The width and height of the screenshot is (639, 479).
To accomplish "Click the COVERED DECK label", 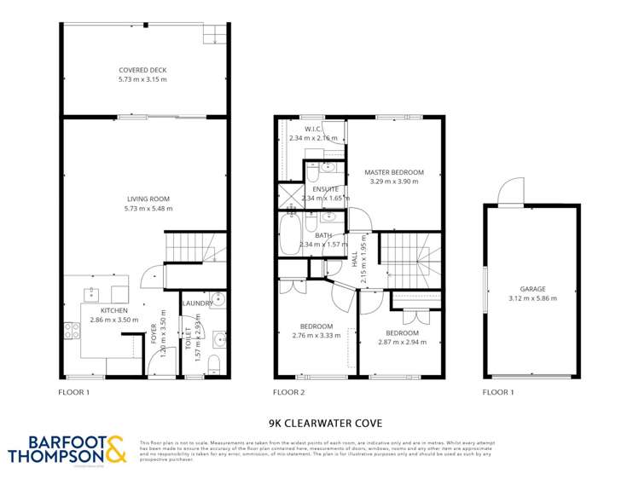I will click(143, 70).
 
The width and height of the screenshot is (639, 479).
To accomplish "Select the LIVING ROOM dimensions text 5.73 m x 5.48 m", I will click(143, 208).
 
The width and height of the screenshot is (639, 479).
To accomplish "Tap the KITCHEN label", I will click(113, 310).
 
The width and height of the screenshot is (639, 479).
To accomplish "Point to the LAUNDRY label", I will click(197, 303).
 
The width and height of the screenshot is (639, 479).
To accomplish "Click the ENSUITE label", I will click(325, 189).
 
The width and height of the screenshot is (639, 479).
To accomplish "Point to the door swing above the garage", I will click(512, 191).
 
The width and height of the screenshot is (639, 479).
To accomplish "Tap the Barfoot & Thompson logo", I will click(67, 449).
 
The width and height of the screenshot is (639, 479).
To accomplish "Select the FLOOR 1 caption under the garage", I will click(499, 393).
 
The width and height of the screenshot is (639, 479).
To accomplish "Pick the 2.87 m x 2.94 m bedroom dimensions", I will click(402, 342).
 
